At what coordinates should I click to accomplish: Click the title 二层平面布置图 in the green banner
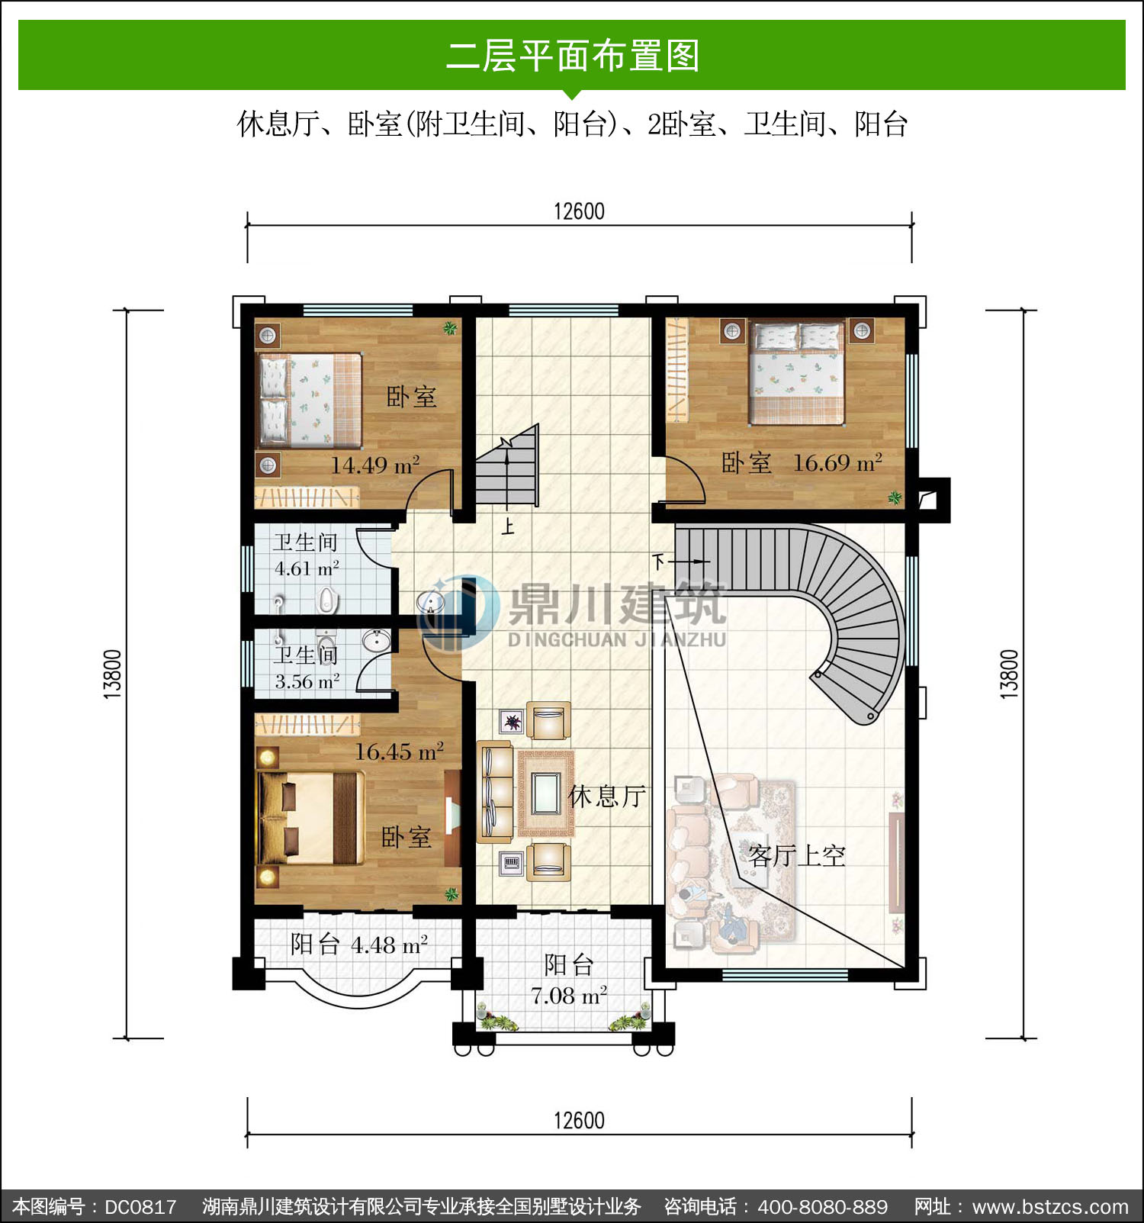point(572,56)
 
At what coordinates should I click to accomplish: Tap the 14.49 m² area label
point(375,465)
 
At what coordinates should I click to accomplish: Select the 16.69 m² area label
point(837,462)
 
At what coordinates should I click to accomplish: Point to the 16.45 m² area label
point(399,752)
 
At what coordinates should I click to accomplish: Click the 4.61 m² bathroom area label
point(307,568)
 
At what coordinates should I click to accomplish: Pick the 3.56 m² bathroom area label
point(307,681)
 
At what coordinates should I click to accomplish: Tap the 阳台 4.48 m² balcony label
point(358,945)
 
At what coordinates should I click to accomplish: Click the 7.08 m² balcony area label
point(569,996)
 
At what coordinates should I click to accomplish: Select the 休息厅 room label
point(607,797)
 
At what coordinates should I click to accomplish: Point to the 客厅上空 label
point(796,855)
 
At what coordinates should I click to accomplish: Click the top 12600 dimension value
point(579,211)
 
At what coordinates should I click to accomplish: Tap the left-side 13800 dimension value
point(112,674)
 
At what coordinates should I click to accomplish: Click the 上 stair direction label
point(508,526)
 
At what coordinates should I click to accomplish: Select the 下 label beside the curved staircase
point(659,562)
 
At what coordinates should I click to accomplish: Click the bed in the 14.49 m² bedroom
point(310,400)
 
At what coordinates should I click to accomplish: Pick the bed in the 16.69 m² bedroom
point(797,372)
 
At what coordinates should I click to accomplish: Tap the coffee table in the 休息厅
point(545,793)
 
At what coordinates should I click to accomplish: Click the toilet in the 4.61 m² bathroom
point(327,600)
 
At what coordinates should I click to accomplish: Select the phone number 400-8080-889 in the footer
point(822,1207)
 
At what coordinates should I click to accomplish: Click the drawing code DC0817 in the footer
point(140,1207)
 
